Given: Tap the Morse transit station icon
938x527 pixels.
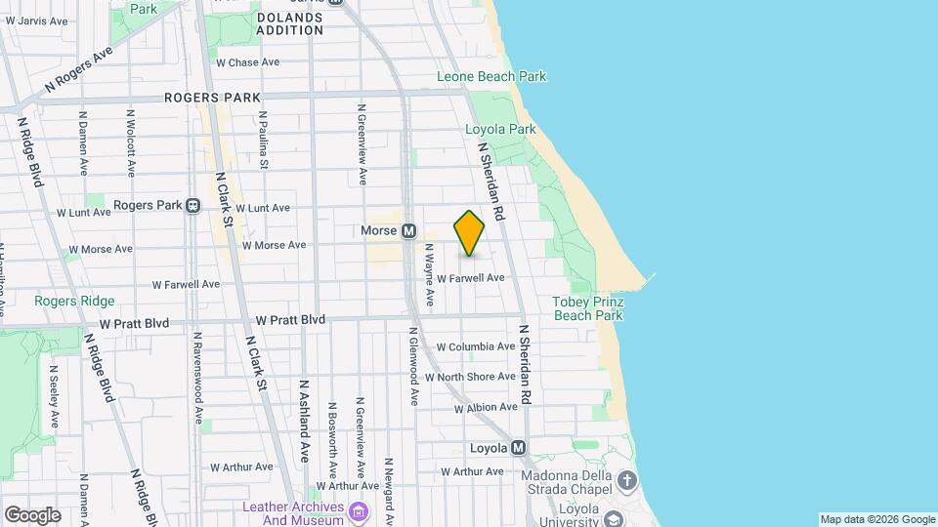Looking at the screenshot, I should [x=409, y=231].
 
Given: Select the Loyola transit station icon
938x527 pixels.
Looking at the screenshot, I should [x=519, y=448].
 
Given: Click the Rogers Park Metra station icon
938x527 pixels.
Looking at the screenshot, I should [x=193, y=206].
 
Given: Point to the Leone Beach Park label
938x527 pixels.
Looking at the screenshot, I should [x=491, y=76].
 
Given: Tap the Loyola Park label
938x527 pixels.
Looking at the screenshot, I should [x=500, y=129].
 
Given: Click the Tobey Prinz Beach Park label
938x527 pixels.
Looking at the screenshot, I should [x=587, y=308].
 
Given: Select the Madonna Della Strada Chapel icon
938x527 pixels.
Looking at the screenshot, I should [x=627, y=480].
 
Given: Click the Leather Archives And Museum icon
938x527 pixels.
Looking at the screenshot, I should [x=359, y=511].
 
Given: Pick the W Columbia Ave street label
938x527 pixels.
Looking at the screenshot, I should [x=475, y=346].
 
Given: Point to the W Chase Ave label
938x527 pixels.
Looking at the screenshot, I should [x=247, y=62].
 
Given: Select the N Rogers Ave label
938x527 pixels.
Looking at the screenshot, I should [x=78, y=73].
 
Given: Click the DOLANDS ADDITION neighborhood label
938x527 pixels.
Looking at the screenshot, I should [x=289, y=23].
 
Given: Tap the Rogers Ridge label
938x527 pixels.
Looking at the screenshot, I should [x=74, y=302].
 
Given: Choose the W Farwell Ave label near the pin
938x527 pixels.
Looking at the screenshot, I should [x=470, y=278].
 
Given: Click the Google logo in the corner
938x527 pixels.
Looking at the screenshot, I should [x=32, y=514].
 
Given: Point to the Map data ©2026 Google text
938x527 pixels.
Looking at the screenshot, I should [x=876, y=519].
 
